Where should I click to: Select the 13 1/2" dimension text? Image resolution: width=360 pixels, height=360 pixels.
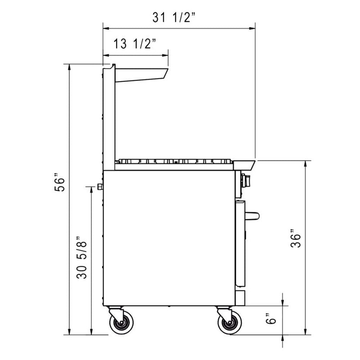135,44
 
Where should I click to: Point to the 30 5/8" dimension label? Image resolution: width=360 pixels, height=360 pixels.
82,257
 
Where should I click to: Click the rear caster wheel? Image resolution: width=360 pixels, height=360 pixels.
122,323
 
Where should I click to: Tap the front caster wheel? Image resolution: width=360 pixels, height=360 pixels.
229,323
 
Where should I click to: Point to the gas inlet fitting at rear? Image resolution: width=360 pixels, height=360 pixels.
100,186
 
